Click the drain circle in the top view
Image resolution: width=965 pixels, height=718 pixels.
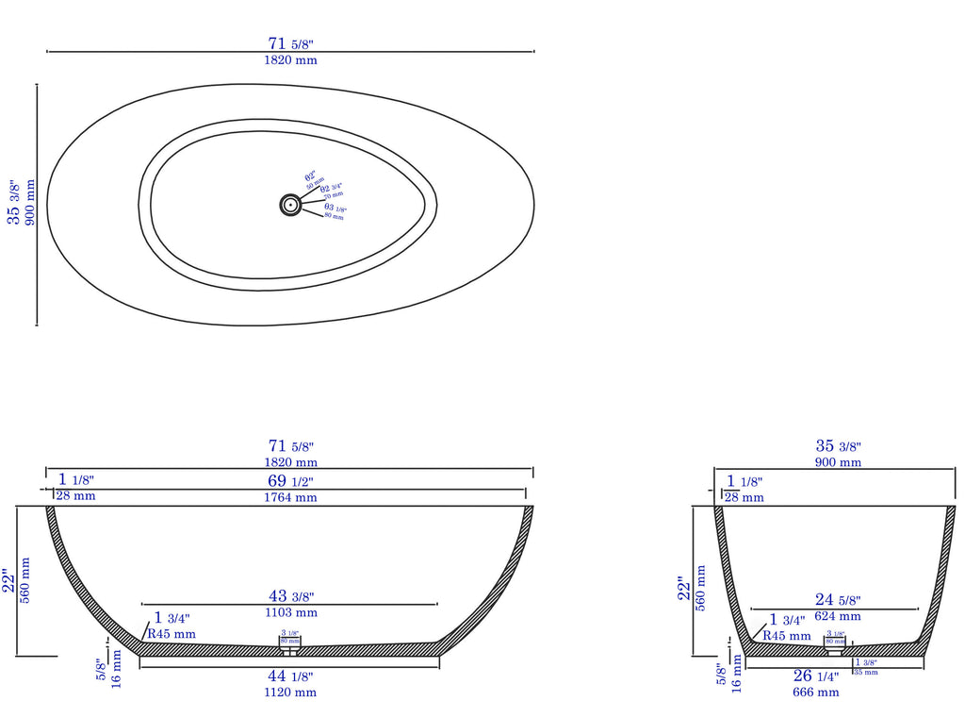pyautogui.click(x=290, y=204)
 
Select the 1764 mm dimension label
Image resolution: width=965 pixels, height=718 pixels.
pyautogui.click(x=290, y=497)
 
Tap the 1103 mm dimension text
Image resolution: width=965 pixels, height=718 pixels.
pyautogui.click(x=290, y=613)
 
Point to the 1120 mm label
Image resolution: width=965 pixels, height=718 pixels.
pyautogui.click(x=290, y=693)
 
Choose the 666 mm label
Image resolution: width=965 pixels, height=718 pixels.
pyautogui.click(x=815, y=693)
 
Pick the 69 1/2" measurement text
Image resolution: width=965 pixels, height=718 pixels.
pyautogui.click(x=290, y=481)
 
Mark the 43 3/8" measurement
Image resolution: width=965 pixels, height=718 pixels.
pyautogui.click(x=290, y=596)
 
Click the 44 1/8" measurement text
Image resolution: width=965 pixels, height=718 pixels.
pyautogui.click(x=290, y=676)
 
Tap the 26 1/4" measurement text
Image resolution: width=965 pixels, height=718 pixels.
pyautogui.click(x=815, y=676)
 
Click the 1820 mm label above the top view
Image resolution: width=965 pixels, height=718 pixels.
pyautogui.click(x=290, y=60)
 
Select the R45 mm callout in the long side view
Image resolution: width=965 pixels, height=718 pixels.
pyautogui.click(x=172, y=634)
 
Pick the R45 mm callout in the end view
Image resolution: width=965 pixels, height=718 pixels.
pyautogui.click(x=786, y=636)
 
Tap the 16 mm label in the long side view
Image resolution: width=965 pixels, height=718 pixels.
pyautogui.click(x=117, y=668)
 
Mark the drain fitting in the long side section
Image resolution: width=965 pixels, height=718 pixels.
pyautogui.click(x=290, y=647)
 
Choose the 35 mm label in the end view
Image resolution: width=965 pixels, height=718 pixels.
pyautogui.click(x=865, y=672)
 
